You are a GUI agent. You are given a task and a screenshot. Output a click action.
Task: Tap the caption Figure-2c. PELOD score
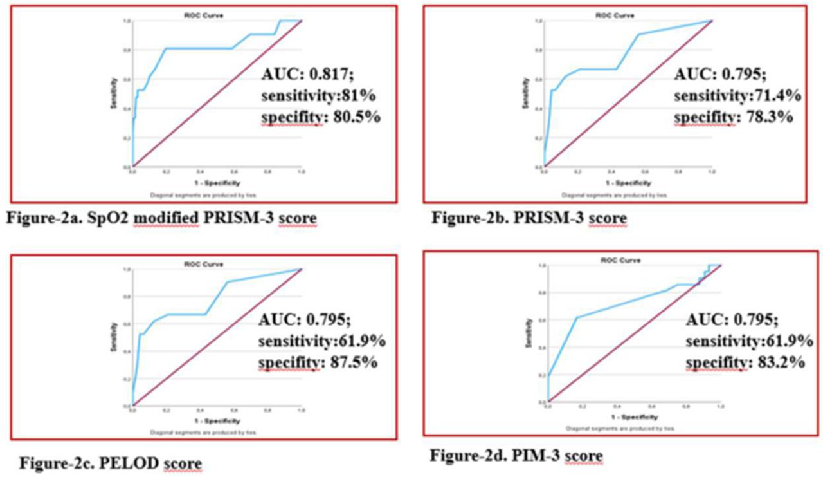[110, 463]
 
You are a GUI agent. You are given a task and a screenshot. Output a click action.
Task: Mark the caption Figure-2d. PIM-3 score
[517, 456]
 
